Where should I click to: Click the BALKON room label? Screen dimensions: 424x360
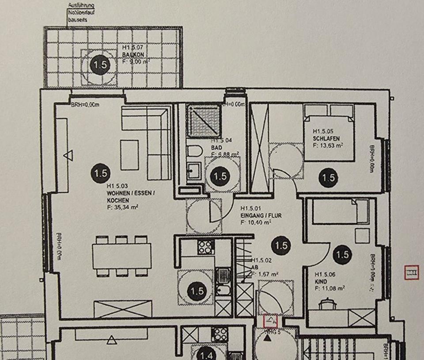[x=132, y=55]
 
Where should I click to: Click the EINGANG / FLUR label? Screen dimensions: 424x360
[x=261, y=216]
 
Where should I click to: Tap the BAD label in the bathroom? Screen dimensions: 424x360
[x=216, y=148]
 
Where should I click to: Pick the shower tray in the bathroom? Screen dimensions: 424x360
[x=203, y=120]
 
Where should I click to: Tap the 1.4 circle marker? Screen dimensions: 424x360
[x=206, y=354]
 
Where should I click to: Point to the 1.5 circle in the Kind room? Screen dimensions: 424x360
[x=342, y=254]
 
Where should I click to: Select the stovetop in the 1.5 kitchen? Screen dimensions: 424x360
[x=206, y=246]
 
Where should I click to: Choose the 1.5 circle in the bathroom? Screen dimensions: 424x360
[x=220, y=176]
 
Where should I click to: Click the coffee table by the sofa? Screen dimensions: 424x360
[x=129, y=155]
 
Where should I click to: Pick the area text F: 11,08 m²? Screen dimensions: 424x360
[x=329, y=288]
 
